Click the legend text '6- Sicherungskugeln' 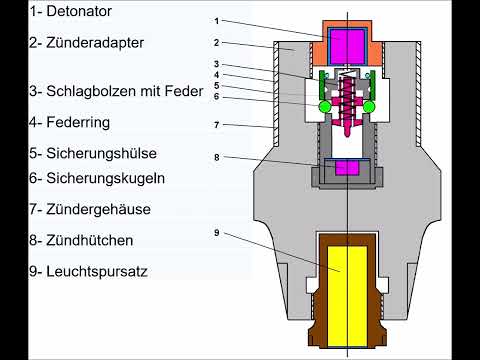pos(83,177)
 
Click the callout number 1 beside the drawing pos(217,21)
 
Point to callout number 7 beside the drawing pos(217,125)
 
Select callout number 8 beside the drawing pos(217,157)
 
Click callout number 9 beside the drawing pos(217,233)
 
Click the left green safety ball pos(326,106)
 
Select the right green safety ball pos(370,106)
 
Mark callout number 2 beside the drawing pos(217,44)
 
